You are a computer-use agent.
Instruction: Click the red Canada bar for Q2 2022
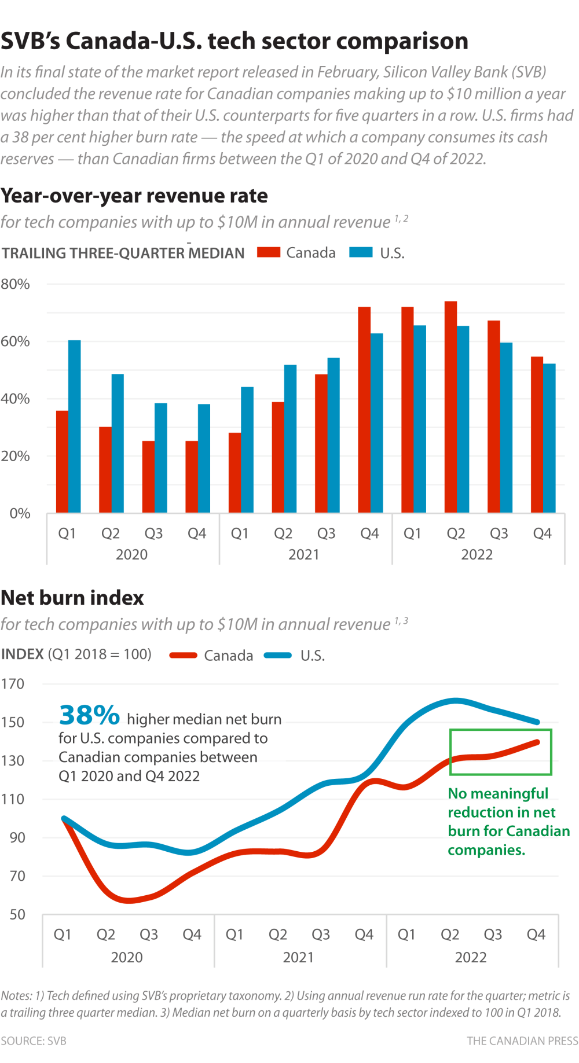pyautogui.click(x=450, y=407)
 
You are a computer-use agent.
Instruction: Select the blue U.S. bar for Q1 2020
pyautogui.click(x=75, y=426)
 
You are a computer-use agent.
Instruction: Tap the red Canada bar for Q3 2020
pyautogui.click(x=148, y=477)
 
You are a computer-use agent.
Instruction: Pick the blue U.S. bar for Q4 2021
pyautogui.click(x=377, y=423)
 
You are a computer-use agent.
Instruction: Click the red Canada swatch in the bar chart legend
pyautogui.click(x=269, y=252)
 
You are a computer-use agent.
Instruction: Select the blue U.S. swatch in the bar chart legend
pyautogui.click(x=361, y=252)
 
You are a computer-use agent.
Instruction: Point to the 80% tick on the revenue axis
pyautogui.click(x=15, y=284)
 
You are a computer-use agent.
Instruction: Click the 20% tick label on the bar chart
pyautogui.click(x=15, y=456)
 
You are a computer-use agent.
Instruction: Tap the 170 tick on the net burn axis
pyautogui.click(x=13, y=684)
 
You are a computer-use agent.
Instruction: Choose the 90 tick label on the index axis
pyautogui.click(x=17, y=837)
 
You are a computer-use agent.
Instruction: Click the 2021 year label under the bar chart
pyautogui.click(x=304, y=554)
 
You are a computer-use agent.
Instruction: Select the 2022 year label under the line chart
pyautogui.click(x=471, y=957)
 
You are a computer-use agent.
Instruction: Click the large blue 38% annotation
pyautogui.click(x=89, y=715)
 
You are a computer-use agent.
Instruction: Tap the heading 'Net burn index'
pyautogui.click(x=72, y=598)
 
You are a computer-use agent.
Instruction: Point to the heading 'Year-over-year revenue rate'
pyautogui.click(x=134, y=196)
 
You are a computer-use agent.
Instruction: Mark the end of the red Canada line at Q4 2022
pyautogui.click(x=537, y=742)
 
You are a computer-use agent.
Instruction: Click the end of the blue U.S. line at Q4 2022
pyautogui.click(x=537, y=722)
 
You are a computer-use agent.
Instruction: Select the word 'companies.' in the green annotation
pyautogui.click(x=486, y=850)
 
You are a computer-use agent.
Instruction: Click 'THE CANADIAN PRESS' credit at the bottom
pyautogui.click(x=522, y=1041)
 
